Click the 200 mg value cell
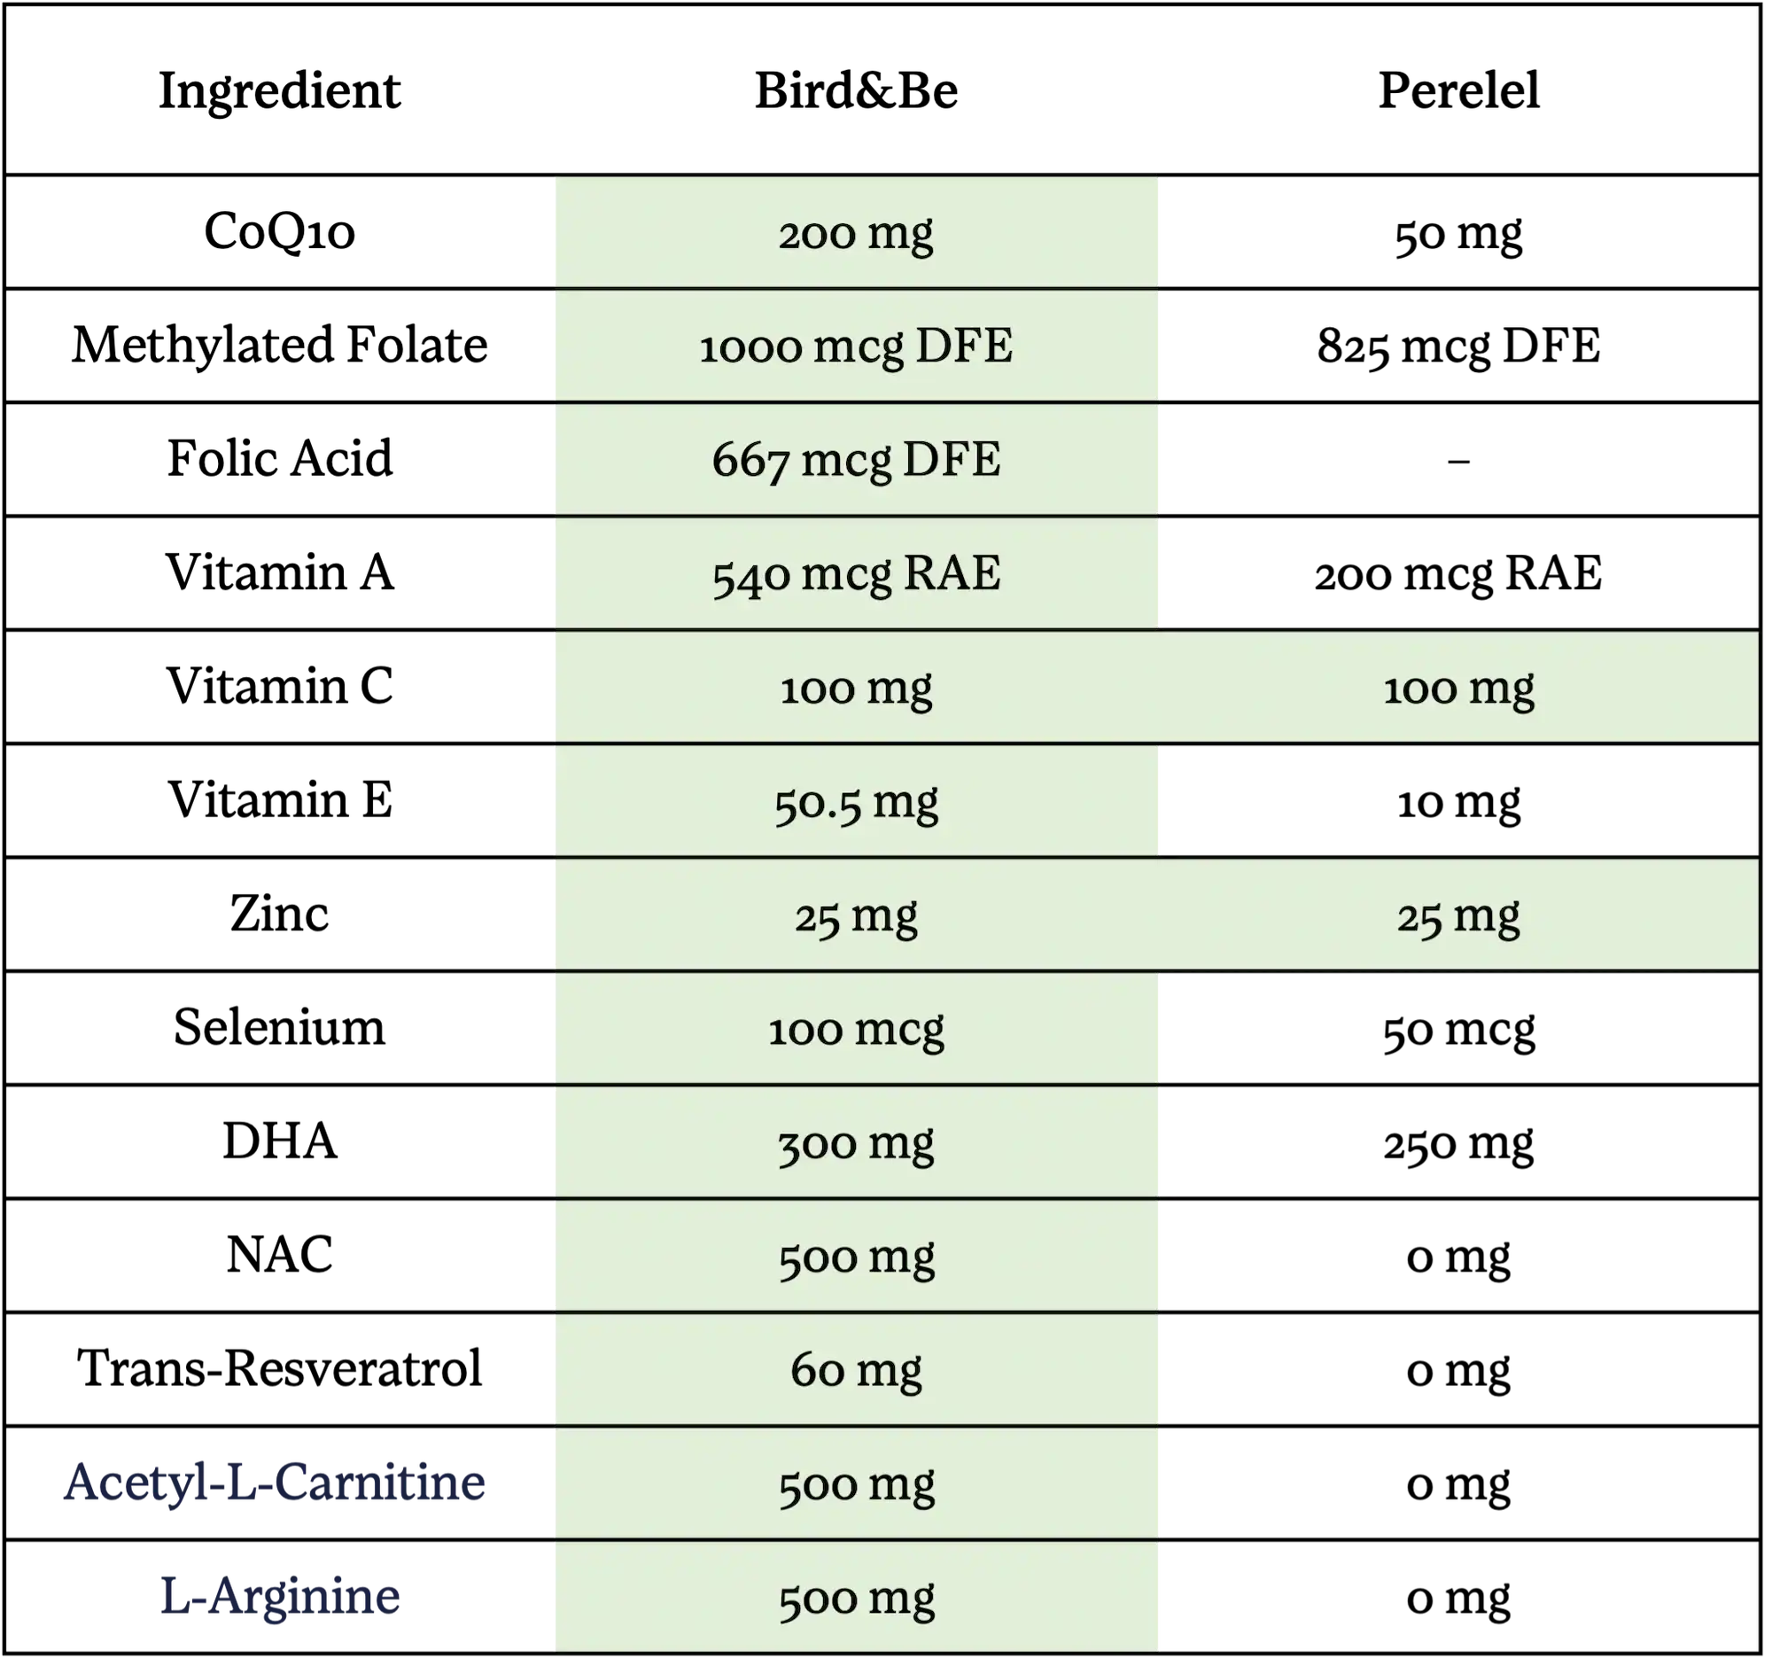856,234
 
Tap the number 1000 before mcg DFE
750,347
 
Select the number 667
750,462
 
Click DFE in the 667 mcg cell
951,460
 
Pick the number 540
750,575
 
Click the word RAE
951,573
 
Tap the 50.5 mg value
856,802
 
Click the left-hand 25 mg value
856,916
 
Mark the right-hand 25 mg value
1458,916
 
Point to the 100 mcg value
856,1031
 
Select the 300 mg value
856,1144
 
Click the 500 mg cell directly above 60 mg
856,1257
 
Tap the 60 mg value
856,1371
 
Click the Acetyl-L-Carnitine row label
274,1482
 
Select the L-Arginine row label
279,1597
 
